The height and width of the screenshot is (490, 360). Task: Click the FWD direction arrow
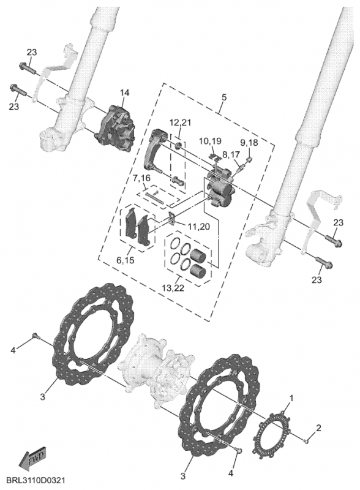[33, 457]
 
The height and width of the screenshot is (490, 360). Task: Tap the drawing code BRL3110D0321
[34, 480]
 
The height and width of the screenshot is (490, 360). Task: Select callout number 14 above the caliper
[124, 93]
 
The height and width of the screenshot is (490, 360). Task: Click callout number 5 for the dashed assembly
[223, 97]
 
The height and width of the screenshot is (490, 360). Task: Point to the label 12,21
[181, 123]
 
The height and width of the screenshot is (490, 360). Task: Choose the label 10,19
[211, 141]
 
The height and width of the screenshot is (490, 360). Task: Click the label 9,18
[249, 143]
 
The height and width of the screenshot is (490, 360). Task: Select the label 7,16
[141, 178]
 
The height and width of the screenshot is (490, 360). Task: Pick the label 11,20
[199, 226]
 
